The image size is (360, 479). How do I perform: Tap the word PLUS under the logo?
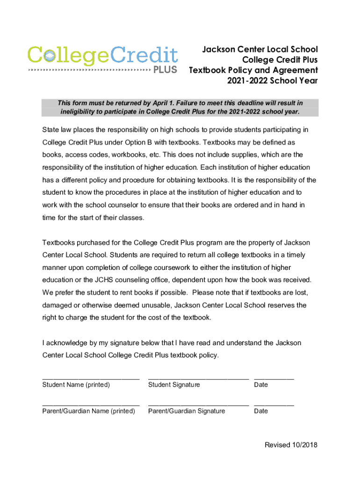point(166,70)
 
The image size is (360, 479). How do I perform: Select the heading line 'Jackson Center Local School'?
point(259,50)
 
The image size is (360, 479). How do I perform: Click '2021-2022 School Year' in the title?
point(272,80)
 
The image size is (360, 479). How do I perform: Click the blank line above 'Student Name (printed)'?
point(91,377)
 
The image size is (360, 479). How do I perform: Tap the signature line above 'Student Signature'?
point(198,377)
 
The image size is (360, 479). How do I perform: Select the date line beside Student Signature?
point(274,377)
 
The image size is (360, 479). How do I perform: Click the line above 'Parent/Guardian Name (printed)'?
point(91,403)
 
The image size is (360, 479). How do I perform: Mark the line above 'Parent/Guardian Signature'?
point(198,403)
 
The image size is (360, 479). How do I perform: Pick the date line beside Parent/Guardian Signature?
point(274,403)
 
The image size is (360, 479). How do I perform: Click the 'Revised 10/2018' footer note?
point(291,445)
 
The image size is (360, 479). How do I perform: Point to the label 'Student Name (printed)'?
point(76,385)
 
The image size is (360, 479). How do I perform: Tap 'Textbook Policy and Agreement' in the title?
point(253,70)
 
